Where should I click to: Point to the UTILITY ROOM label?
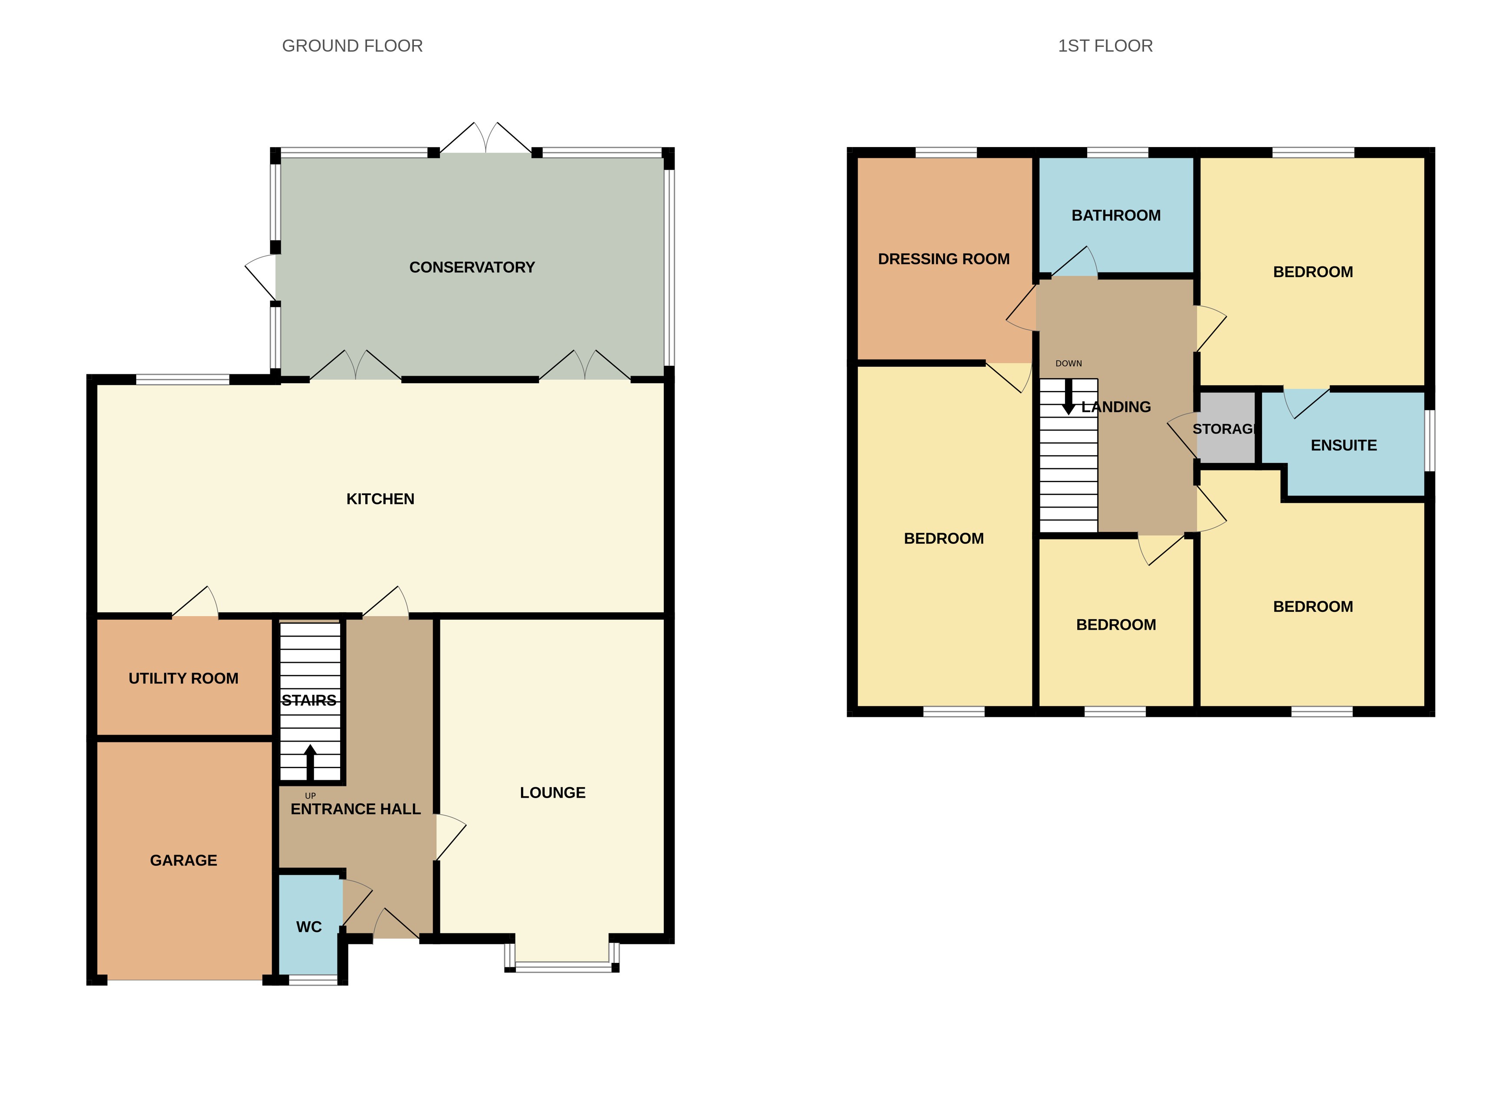[183, 678]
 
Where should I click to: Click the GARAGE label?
[183, 860]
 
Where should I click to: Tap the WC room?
[309, 926]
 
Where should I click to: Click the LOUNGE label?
[552, 792]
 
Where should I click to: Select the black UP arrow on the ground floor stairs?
[310, 762]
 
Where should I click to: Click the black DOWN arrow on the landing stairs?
[1068, 397]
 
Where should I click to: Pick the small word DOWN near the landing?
[1068, 363]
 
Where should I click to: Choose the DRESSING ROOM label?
[943, 259]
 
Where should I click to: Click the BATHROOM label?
[1116, 215]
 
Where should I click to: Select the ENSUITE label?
[1343, 445]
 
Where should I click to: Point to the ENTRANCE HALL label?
[355, 809]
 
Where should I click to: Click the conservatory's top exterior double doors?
[485, 139]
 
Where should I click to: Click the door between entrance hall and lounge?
[450, 838]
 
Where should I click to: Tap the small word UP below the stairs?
[310, 795]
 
